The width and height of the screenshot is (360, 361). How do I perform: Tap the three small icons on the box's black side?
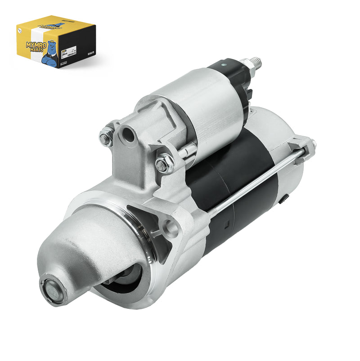90,53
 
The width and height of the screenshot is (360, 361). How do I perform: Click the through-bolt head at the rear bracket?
311,144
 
